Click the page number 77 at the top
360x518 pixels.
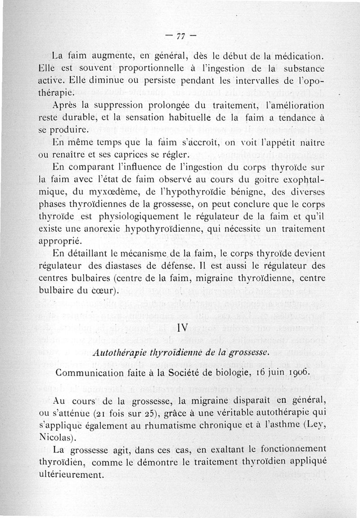[x=181, y=36]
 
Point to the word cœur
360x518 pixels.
[x=103, y=290]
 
